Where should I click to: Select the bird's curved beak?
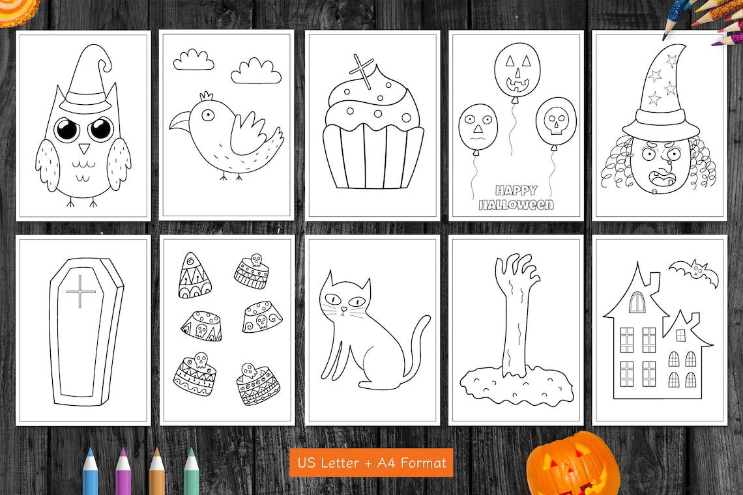(x=180, y=121)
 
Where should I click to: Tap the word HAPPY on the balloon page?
(x=516, y=191)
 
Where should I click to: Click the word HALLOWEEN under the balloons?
(x=516, y=205)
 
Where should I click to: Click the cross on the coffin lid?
(x=81, y=291)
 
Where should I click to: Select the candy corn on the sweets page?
(x=194, y=276)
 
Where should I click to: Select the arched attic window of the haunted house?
(x=637, y=302)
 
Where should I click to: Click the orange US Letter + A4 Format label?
(x=371, y=462)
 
